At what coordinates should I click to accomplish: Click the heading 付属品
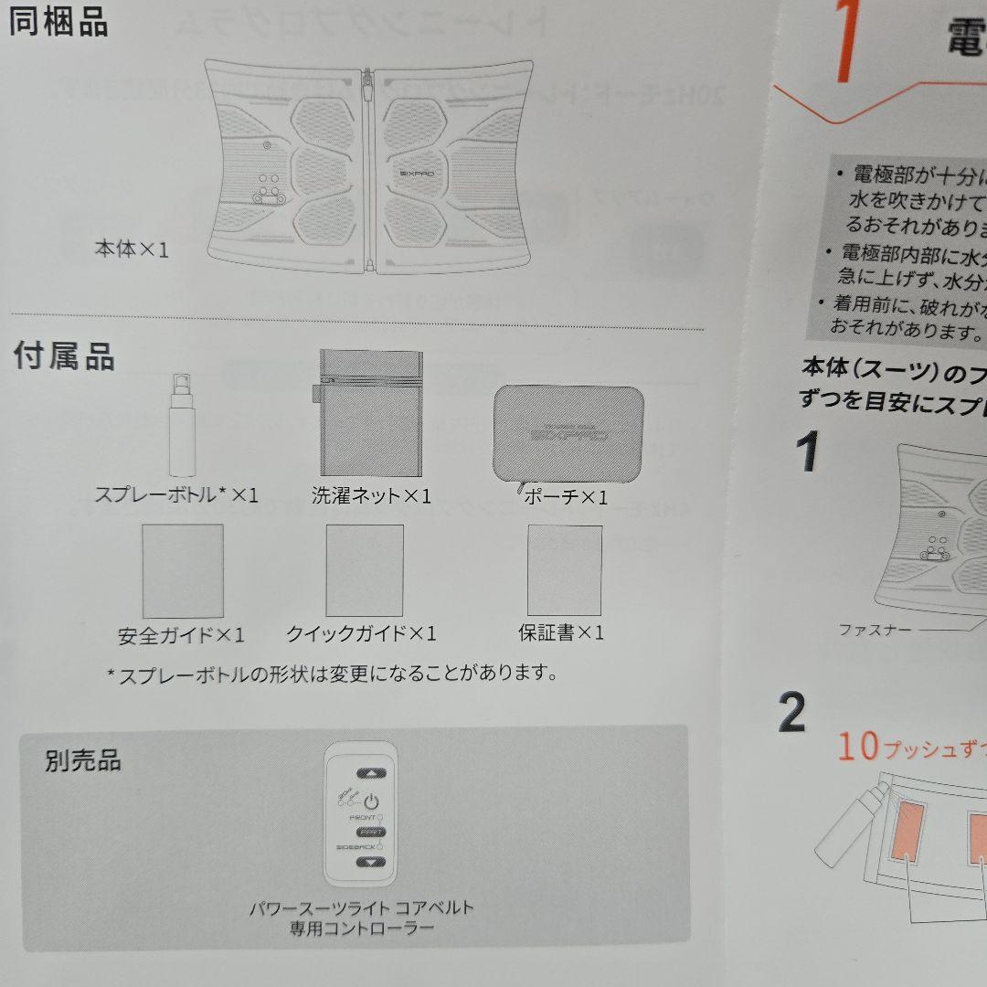pyautogui.click(x=64, y=356)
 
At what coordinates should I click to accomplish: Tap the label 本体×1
pyautogui.click(x=132, y=249)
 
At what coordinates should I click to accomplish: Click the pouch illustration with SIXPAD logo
pyautogui.click(x=568, y=430)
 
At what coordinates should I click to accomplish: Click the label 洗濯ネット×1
pyautogui.click(x=370, y=496)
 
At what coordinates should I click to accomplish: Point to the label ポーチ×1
pyautogui.click(x=566, y=498)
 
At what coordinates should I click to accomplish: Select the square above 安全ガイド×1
pyautogui.click(x=183, y=570)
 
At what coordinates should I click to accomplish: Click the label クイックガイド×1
pyautogui.click(x=361, y=633)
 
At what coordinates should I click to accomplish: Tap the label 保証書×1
pyautogui.click(x=561, y=632)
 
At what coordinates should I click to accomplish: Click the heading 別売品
pyautogui.click(x=83, y=760)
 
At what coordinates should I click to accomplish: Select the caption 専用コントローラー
pyautogui.click(x=362, y=929)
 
